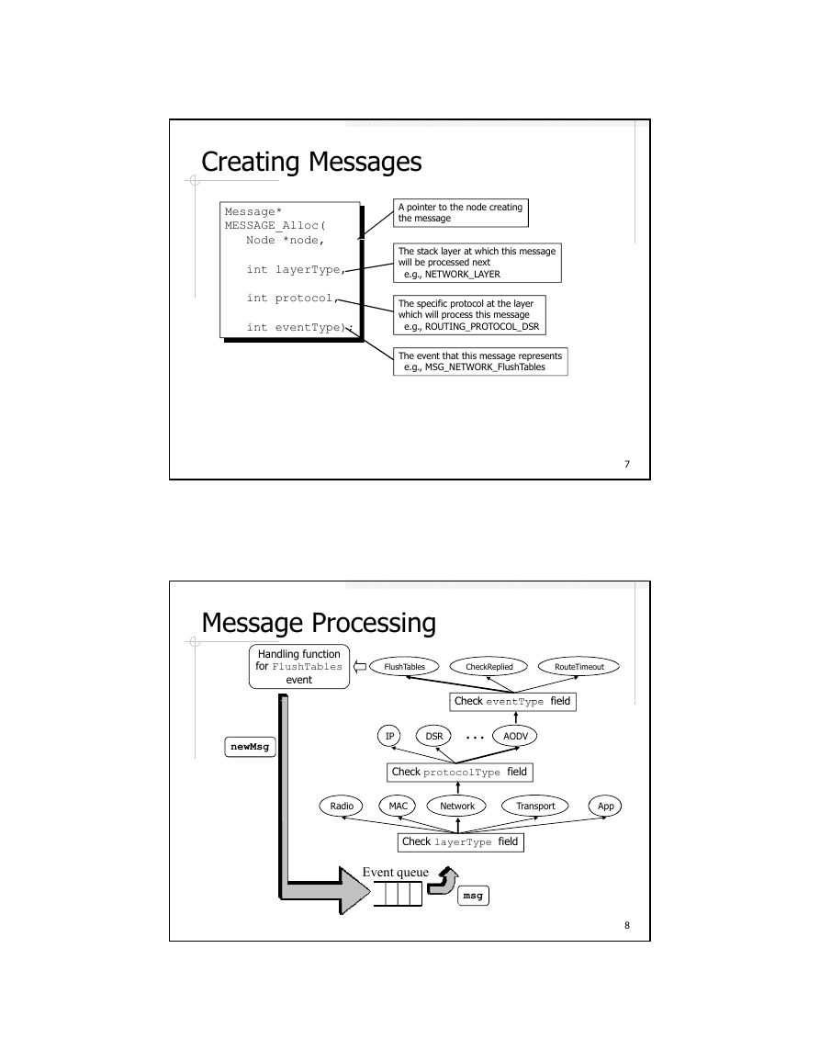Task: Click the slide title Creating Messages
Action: tap(311, 162)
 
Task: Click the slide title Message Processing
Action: tap(319, 623)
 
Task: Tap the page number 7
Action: tap(627, 464)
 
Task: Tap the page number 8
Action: tap(627, 926)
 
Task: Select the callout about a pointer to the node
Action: tap(461, 212)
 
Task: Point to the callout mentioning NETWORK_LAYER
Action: tap(477, 263)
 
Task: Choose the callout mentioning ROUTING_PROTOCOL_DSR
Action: tap(469, 315)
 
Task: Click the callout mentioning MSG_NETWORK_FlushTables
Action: tap(480, 361)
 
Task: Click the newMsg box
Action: tap(250, 747)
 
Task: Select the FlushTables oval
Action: tap(405, 667)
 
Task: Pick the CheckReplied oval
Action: tap(489, 667)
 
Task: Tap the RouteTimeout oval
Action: tap(579, 667)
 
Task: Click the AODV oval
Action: tap(515, 736)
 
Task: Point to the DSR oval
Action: tap(433, 736)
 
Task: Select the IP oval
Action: tap(389, 736)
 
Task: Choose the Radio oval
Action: tap(342, 806)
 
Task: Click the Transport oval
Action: tap(535, 806)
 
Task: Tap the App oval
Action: tap(605, 806)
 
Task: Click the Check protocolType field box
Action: tap(459, 772)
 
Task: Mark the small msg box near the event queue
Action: tap(473, 896)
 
